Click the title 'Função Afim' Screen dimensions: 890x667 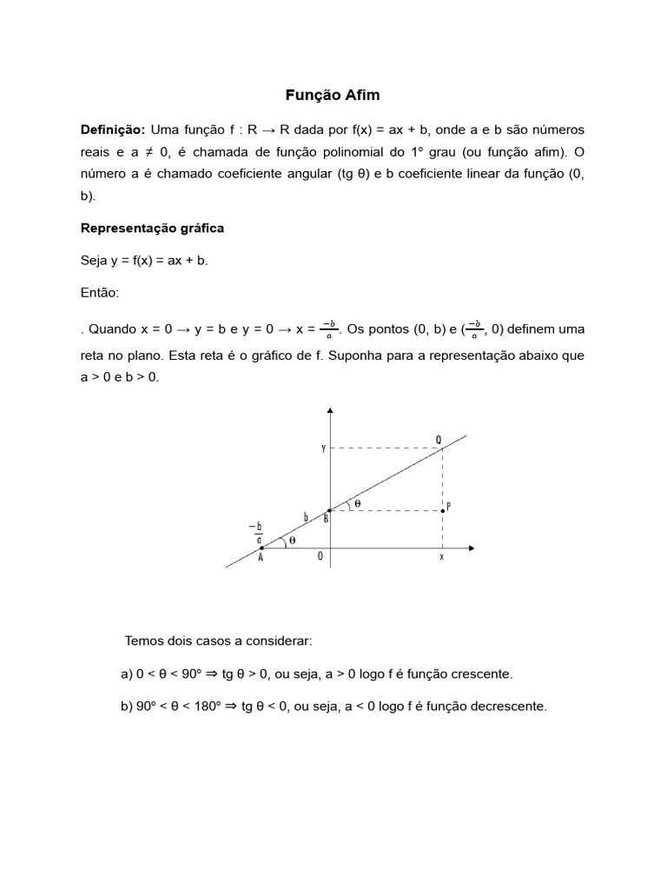point(333,94)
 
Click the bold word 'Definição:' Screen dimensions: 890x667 point(112,130)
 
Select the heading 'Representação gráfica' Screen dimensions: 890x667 point(152,228)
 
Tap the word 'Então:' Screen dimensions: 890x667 point(100,293)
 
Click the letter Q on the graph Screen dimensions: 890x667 point(439,440)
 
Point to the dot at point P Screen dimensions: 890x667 point(443,511)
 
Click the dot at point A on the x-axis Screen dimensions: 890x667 point(261,548)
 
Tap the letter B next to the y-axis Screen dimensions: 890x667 point(325,519)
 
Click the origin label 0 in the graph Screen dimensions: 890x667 point(320,558)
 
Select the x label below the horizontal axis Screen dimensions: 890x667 point(441,557)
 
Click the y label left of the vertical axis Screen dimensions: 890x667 point(323,448)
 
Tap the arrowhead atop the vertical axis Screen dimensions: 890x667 point(330,409)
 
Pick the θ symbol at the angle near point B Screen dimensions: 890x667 point(357,503)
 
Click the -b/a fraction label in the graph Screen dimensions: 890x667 point(258,532)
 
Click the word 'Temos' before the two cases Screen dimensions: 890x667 point(143,641)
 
